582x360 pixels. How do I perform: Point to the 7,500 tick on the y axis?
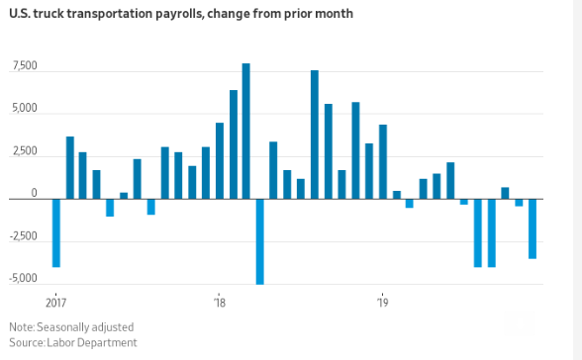(25, 66)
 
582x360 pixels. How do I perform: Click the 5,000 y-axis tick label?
(25, 109)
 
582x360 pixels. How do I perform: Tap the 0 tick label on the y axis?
(34, 194)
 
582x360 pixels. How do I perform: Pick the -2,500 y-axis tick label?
(23, 236)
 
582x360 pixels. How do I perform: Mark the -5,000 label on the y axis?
(23, 279)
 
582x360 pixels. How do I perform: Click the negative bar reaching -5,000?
(260, 241)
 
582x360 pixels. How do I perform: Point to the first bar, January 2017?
(56, 232)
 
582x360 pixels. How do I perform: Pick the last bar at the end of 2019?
(533, 228)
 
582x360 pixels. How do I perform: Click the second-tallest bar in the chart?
(315, 135)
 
